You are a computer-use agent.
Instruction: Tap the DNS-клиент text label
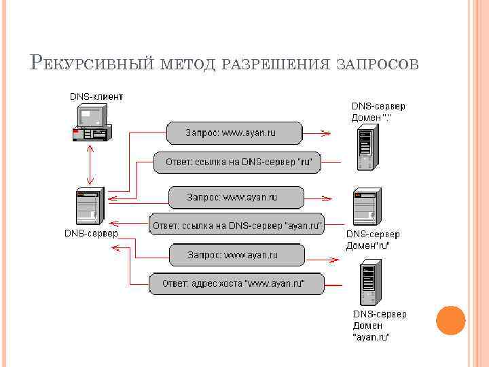pos(96,97)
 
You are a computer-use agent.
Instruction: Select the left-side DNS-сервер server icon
pos(89,206)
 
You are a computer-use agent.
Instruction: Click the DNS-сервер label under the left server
pos(91,233)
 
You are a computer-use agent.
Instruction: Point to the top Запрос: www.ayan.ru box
pos(234,133)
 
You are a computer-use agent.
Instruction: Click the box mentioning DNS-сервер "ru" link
pos(234,162)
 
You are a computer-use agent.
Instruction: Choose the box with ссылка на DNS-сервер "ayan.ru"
pos(236,224)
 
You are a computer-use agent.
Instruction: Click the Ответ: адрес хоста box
pos(236,283)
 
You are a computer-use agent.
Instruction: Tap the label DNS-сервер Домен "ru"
pos(373,239)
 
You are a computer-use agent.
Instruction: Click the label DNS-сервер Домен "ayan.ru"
pos(379,325)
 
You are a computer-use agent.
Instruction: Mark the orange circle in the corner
pos(450,319)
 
